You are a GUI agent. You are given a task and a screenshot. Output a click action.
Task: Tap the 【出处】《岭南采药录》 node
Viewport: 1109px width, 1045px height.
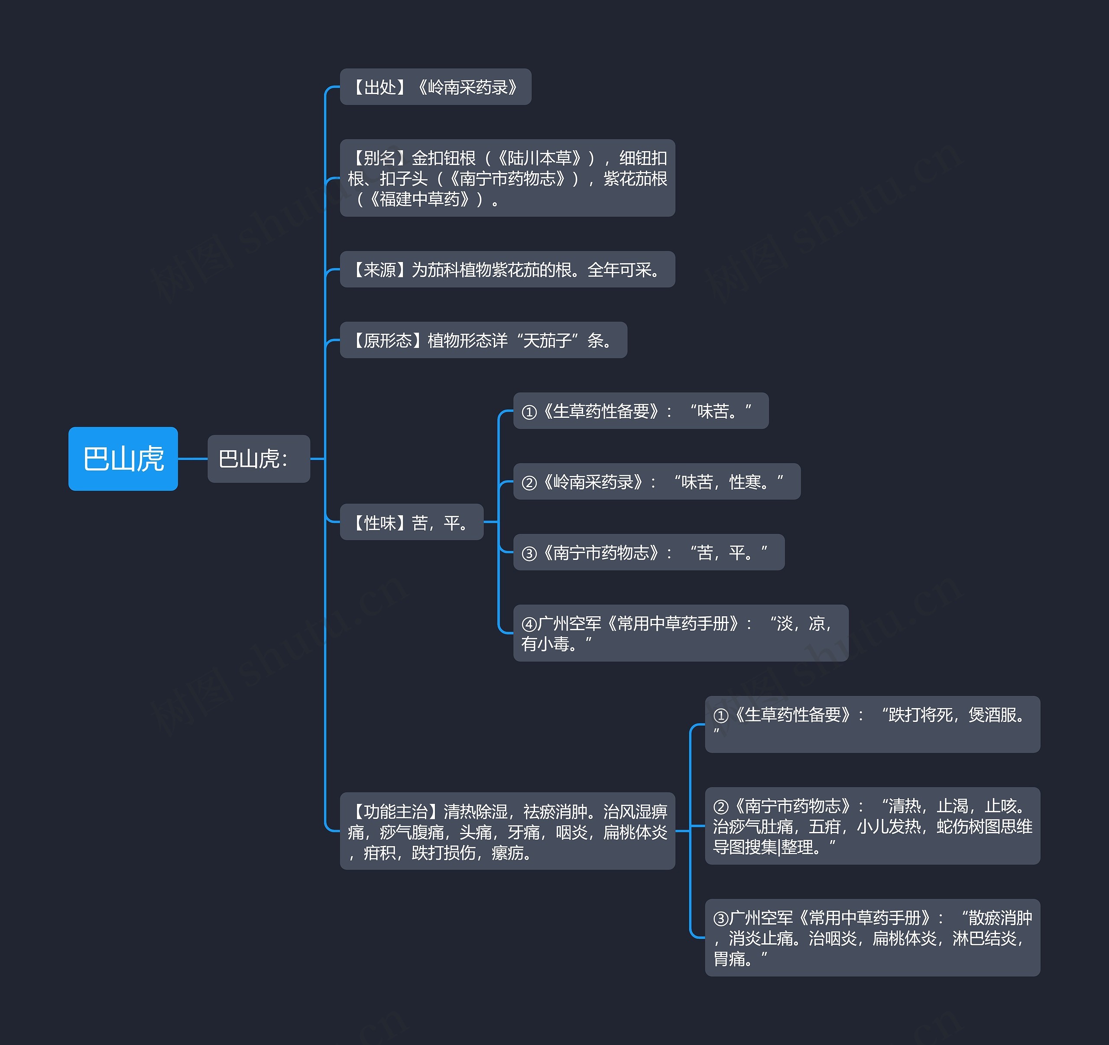pos(435,87)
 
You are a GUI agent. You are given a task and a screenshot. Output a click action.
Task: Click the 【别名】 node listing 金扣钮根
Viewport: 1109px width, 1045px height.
pos(507,178)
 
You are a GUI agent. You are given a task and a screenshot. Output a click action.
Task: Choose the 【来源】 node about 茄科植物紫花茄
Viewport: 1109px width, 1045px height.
pos(507,269)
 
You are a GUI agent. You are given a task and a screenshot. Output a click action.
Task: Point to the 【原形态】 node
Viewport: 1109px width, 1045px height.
pos(483,340)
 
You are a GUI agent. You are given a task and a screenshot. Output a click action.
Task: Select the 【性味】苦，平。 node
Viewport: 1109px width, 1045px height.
pos(411,522)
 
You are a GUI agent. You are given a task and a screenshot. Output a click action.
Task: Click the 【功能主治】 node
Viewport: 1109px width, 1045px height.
pos(507,831)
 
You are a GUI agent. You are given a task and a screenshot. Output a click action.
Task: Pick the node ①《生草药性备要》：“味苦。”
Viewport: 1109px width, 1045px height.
pos(640,411)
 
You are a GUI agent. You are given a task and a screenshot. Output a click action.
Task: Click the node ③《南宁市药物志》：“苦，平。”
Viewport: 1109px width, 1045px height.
pos(648,552)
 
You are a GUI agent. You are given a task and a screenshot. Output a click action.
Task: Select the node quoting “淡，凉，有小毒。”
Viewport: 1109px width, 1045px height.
pos(680,633)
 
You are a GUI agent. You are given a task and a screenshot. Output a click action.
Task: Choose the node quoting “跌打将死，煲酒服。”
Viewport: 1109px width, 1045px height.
pos(872,724)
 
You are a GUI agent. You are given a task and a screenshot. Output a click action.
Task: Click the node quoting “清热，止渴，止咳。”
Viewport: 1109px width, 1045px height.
pos(872,826)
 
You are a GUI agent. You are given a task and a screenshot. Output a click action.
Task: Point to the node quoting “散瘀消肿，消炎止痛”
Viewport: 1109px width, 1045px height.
pos(872,937)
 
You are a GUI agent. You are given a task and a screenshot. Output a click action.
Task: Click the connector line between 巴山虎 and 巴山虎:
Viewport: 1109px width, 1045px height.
pos(192,459)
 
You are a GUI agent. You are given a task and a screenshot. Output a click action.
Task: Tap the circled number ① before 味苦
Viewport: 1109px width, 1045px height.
pos(529,412)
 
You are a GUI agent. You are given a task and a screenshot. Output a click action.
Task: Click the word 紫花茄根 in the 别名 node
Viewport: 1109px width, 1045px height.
pos(636,178)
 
